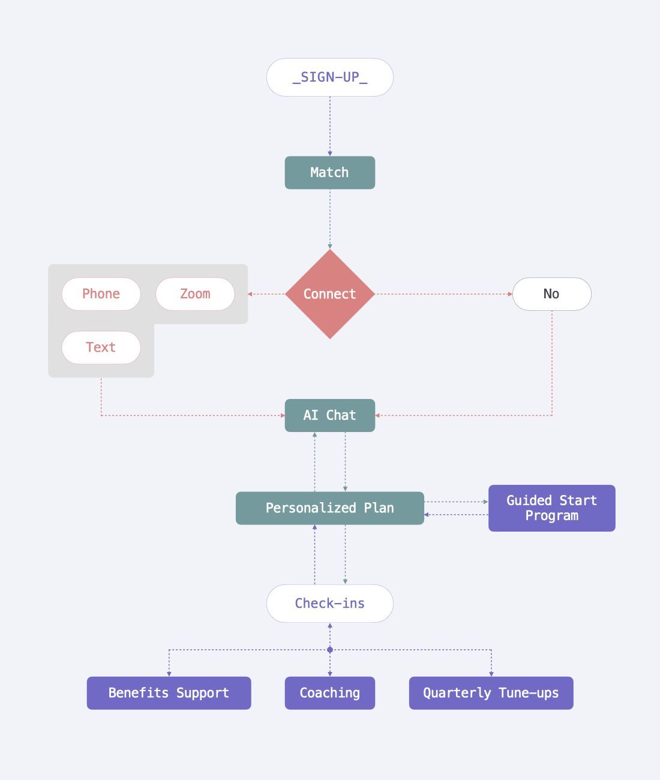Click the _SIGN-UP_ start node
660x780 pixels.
329,77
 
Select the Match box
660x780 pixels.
329,173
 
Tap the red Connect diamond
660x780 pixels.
329,294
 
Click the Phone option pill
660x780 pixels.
101,294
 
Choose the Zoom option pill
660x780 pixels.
195,294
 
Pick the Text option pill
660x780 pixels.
101,347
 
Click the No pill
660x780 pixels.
551,294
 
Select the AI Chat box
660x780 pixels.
329,415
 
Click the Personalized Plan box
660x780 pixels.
329,508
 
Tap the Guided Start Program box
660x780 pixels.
551,508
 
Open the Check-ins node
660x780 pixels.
329,604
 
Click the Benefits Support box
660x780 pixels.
169,693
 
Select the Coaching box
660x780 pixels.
329,693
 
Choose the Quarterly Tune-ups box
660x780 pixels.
491,693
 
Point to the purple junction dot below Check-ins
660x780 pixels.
329,650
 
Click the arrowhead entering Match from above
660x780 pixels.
329,154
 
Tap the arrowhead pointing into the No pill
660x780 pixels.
510,294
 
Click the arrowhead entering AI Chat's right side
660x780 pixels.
378,415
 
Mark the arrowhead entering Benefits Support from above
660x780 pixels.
169,674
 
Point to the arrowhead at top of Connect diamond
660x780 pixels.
329,247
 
